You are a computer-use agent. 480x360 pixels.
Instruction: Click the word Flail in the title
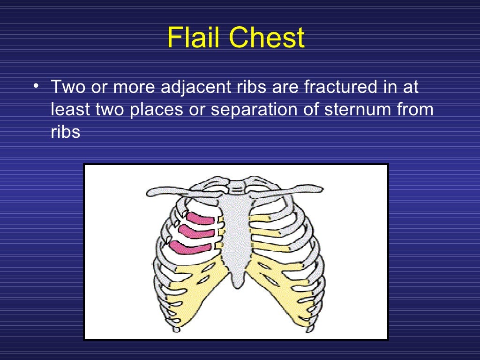click(194, 38)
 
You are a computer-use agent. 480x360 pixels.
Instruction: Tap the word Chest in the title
click(266, 38)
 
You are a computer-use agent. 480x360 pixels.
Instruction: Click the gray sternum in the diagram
click(237, 230)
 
